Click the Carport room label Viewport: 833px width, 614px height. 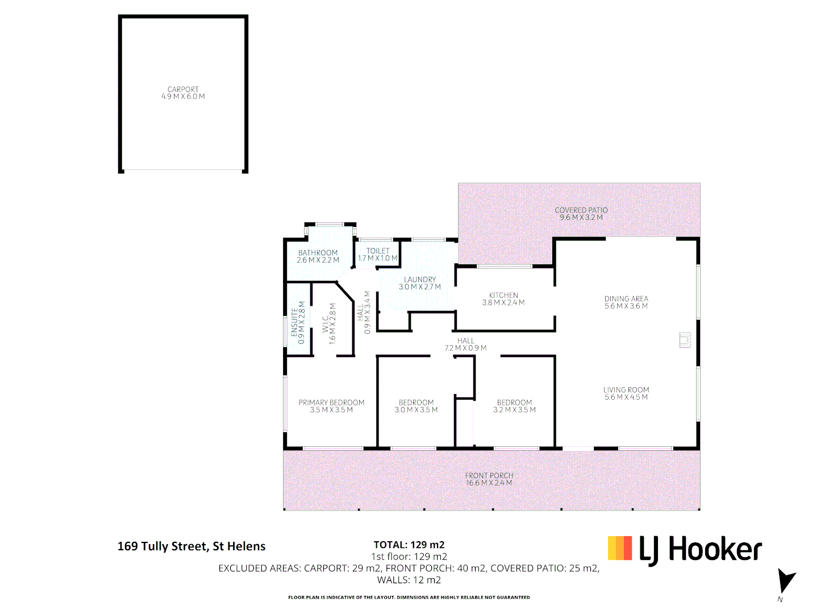coord(183,90)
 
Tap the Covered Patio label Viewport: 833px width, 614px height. coord(581,210)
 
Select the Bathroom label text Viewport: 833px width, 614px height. coord(318,253)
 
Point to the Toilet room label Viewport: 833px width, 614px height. coord(378,251)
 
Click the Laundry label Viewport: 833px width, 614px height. coord(420,280)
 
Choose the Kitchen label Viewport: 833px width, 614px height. coord(503,296)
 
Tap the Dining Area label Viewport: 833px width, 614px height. coord(626,299)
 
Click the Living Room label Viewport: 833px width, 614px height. coord(626,390)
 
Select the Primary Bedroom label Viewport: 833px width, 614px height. coord(331,403)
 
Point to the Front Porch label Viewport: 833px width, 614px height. coord(489,476)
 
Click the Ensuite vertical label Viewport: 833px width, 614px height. coord(294,323)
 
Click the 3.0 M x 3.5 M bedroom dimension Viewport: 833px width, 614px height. coord(416,410)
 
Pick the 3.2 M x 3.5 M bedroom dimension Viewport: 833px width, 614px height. coord(514,410)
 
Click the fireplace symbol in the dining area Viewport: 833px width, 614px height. coord(685,339)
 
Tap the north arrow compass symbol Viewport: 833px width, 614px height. coord(786,582)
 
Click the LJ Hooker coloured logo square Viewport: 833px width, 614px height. coord(619,548)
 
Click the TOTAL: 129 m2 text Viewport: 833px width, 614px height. coord(409,545)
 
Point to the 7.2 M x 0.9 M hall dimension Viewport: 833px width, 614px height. coord(465,348)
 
